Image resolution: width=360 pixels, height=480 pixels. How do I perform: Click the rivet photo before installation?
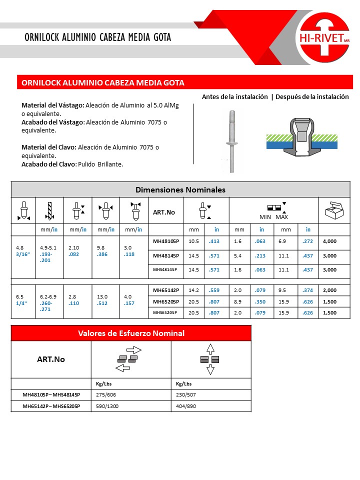point(232,141)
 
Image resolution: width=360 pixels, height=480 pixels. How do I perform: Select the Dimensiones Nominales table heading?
point(180,190)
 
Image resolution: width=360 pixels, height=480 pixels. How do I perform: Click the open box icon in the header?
point(333,210)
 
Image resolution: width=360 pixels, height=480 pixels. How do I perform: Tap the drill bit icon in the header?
point(49,210)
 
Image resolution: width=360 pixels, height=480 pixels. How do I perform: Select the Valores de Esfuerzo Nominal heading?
point(131,333)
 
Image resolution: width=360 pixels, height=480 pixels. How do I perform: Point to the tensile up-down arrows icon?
point(210,359)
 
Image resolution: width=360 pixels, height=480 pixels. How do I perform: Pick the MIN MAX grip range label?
point(273,217)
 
